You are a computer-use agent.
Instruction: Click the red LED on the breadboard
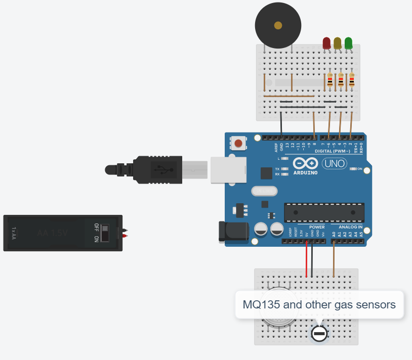326,43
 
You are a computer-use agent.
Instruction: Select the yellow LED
338,43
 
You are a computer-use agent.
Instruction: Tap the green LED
349,43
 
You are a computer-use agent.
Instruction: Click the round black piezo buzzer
278,25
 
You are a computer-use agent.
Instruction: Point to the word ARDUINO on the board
305,173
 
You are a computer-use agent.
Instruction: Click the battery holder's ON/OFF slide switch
105,233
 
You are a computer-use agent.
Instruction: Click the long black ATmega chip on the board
324,212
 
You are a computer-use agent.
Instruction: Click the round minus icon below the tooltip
319,334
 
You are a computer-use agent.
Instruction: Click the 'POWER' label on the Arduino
316,228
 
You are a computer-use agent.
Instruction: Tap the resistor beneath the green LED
352,80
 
